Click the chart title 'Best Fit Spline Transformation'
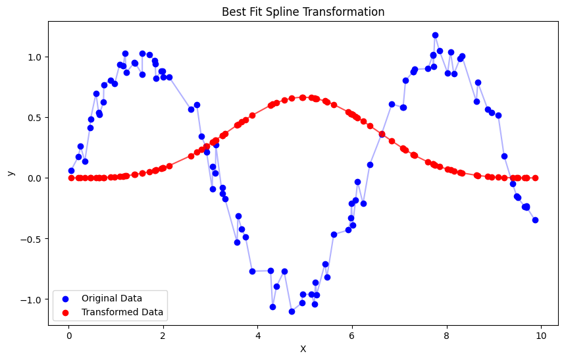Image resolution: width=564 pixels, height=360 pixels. (303, 12)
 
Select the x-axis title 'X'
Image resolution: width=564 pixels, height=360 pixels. (303, 349)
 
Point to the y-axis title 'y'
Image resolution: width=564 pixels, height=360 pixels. (10, 172)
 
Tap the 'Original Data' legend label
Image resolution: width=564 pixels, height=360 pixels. (111, 298)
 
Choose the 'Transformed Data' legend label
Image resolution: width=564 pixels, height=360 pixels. (122, 312)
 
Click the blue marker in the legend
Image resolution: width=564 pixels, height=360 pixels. (66, 298)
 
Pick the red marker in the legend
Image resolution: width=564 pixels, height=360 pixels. (66, 312)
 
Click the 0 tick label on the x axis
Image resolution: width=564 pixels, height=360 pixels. (68, 334)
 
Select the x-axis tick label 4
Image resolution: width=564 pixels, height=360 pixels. (257, 334)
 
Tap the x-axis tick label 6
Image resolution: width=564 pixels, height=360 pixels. (352, 334)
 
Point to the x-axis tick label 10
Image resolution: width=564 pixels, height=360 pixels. (541, 334)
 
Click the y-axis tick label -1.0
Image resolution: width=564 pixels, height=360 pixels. (34, 299)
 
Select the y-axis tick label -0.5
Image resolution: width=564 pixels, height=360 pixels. (34, 239)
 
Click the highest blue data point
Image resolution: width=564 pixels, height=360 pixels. (435, 35)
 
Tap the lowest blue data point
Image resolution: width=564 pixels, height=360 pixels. (292, 311)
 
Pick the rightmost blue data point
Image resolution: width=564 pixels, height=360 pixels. (535, 220)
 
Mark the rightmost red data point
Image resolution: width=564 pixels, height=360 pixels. (535, 178)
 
